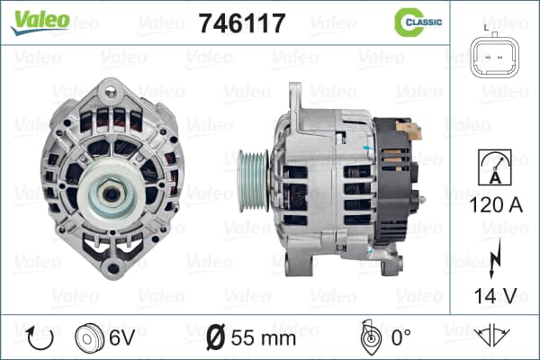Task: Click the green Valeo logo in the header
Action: pyautogui.click(x=40, y=22)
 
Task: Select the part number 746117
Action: pyautogui.click(x=242, y=23)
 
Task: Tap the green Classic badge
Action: pyautogui.click(x=418, y=22)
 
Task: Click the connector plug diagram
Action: pyautogui.click(x=494, y=56)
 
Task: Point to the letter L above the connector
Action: pyautogui.click(x=486, y=27)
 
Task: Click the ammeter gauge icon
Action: pyautogui.click(x=495, y=167)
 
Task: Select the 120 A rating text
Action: pyautogui.click(x=496, y=205)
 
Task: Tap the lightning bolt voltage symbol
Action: pyautogui.click(x=495, y=259)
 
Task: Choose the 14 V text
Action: pyautogui.click(x=496, y=295)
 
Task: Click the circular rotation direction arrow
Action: pyautogui.click(x=40, y=338)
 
